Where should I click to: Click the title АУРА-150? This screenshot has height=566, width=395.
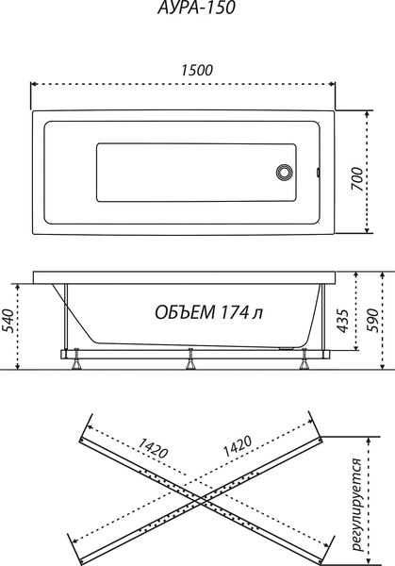click(x=197, y=9)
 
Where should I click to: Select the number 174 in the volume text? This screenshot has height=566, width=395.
click(x=238, y=312)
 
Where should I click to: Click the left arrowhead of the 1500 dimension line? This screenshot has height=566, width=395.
click(x=37, y=83)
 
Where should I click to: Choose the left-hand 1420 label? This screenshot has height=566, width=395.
click(x=156, y=446)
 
